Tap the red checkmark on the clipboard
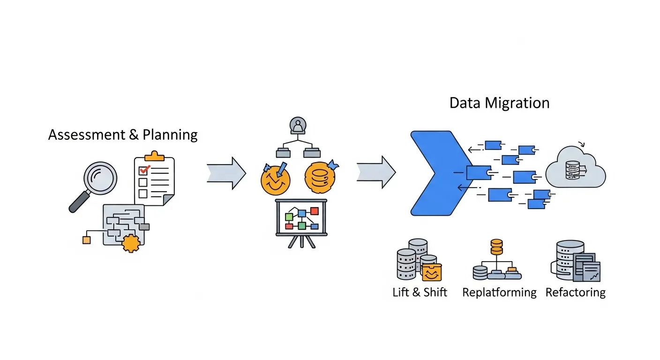(144, 169)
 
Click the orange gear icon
(131, 242)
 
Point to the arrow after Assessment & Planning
(226, 173)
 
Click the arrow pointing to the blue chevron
(376, 172)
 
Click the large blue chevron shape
(434, 173)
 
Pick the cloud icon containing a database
(576, 169)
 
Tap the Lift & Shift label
(420, 292)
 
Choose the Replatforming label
(499, 292)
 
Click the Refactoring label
(576, 292)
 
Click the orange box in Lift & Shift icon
(432, 272)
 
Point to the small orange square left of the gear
(86, 240)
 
